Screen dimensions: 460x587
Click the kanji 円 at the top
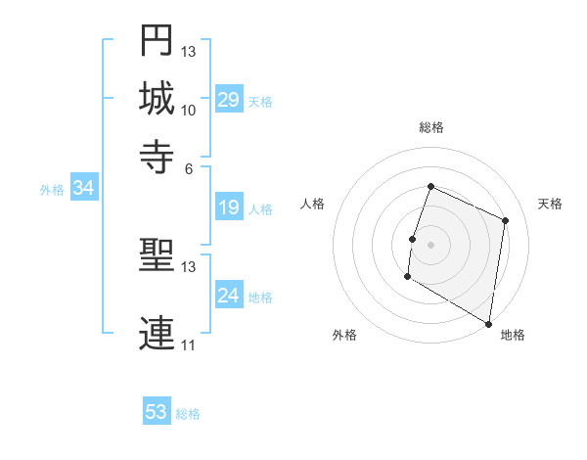[158, 41]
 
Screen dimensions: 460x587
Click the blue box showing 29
[228, 100]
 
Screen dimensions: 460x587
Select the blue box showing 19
[228, 208]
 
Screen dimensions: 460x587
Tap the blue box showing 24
[228, 297]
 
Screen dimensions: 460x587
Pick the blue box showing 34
[83, 189]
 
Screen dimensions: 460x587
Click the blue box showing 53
[157, 412]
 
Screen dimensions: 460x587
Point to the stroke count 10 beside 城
[188, 110]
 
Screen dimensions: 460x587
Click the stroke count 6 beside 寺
[189, 167]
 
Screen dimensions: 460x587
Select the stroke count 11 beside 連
[188, 345]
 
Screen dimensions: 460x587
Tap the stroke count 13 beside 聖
[188, 267]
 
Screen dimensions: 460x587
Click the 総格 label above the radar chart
[431, 127]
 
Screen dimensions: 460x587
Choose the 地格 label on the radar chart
[513, 335]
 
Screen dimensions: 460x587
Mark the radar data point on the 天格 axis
[506, 220]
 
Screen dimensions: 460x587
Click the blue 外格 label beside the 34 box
[52, 190]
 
